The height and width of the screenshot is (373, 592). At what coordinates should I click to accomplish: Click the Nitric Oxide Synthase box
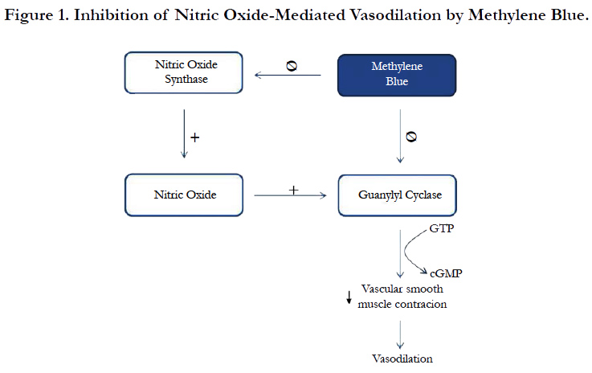tap(183, 72)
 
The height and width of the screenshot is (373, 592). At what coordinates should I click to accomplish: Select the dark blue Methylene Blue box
tap(397, 76)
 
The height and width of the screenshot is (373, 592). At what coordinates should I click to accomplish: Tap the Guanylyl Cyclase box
tap(397, 195)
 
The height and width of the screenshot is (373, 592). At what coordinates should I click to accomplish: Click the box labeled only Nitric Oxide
tap(184, 195)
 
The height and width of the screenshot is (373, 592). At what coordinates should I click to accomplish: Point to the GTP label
tap(442, 228)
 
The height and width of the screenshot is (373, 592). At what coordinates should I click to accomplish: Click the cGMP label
tap(446, 273)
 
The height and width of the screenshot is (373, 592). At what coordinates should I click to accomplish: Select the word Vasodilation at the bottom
tap(402, 359)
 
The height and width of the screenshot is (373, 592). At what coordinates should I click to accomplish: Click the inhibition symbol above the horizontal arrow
tap(292, 66)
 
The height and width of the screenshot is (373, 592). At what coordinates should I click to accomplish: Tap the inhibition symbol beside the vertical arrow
tap(411, 137)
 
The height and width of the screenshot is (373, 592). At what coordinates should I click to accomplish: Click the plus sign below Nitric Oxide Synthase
tap(195, 137)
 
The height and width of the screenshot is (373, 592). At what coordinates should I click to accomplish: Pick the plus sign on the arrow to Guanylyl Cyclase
tap(293, 190)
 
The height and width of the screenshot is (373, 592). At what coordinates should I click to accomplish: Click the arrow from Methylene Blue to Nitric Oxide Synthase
tap(288, 76)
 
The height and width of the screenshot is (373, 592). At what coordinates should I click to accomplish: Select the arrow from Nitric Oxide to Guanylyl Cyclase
tap(290, 195)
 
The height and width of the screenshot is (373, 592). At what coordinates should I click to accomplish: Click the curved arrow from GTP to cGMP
tap(405, 251)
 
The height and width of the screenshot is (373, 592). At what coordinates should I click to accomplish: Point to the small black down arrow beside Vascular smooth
tap(349, 297)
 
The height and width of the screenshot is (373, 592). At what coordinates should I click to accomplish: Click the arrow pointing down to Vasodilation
tap(400, 335)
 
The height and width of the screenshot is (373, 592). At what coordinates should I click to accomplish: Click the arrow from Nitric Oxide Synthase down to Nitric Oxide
tap(184, 133)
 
